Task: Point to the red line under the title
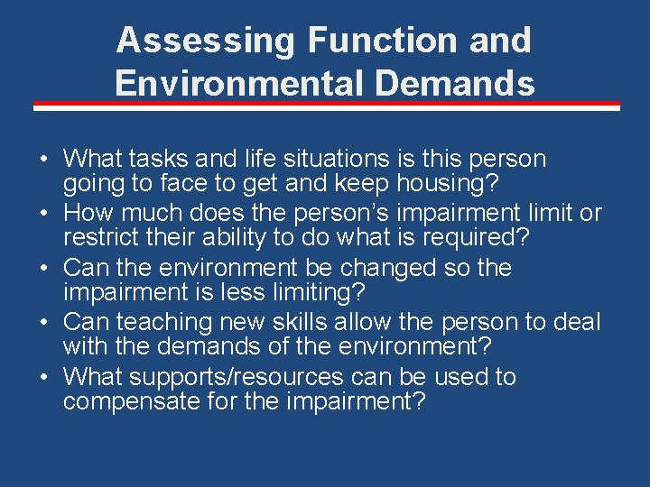[x=327, y=106]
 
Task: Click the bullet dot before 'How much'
[x=43, y=214]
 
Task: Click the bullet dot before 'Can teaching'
[x=43, y=322]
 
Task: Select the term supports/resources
[x=240, y=376]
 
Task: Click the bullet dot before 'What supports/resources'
[x=43, y=376]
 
